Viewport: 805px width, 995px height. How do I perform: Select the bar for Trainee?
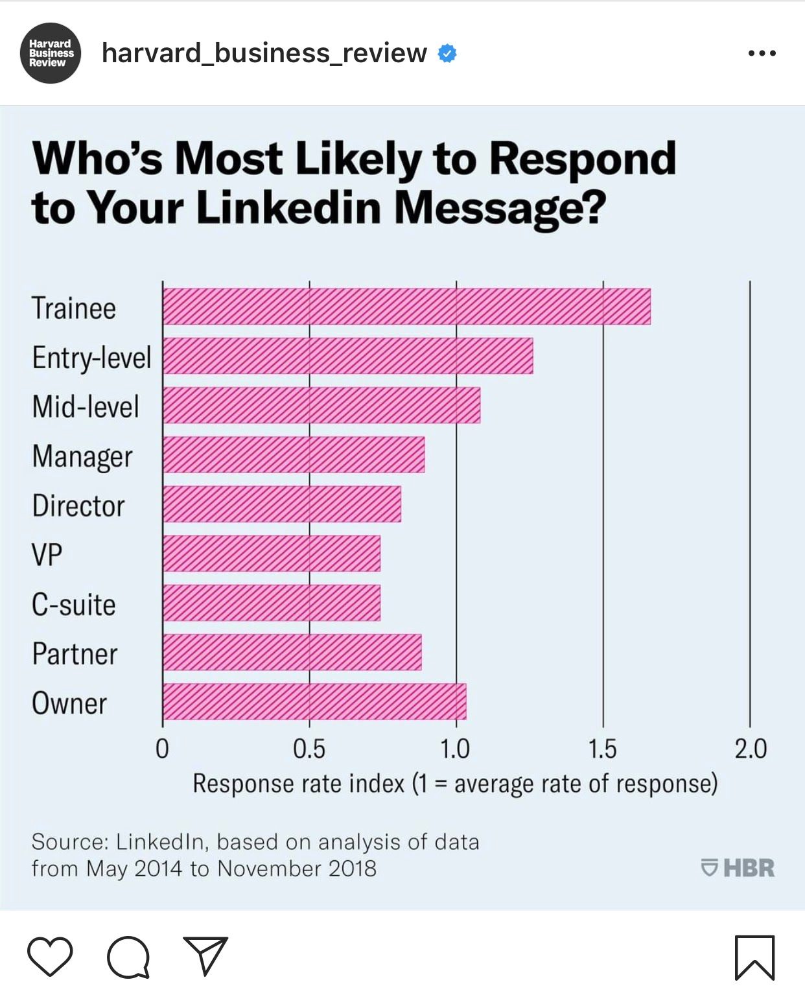[x=406, y=307]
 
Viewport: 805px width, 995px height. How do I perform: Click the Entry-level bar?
[x=348, y=356]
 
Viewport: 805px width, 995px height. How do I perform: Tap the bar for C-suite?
[x=272, y=603]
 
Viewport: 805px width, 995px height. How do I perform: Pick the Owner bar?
[x=314, y=701]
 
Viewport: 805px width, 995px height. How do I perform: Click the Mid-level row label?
[x=86, y=407]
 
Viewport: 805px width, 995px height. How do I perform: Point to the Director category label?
[x=78, y=506]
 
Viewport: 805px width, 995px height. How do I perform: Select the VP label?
[x=47, y=556]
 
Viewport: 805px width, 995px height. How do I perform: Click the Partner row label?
[x=75, y=654]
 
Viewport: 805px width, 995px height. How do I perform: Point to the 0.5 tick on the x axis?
[x=309, y=749]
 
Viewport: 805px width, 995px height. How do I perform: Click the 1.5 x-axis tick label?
[x=603, y=749]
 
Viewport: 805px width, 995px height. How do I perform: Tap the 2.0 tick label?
[x=751, y=749]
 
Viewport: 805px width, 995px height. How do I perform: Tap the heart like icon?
[x=50, y=956]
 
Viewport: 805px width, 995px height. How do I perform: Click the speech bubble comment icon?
[x=128, y=957]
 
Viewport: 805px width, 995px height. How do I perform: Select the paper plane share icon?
[x=205, y=955]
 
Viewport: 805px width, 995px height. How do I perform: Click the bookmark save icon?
[x=754, y=957]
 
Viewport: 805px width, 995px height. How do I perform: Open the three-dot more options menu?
[x=762, y=53]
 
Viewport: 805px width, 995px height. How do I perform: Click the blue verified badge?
[x=447, y=53]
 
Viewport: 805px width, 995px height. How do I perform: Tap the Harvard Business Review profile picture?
[x=51, y=53]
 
